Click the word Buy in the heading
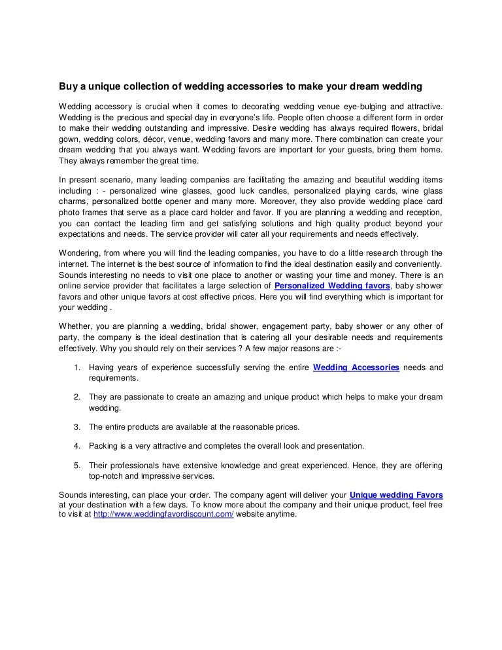point(67,86)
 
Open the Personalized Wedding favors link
point(333,286)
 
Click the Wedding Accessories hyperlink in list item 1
point(356,368)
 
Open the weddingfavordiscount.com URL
point(163,514)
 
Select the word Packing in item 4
point(103,446)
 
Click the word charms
point(73,202)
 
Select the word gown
point(69,140)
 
